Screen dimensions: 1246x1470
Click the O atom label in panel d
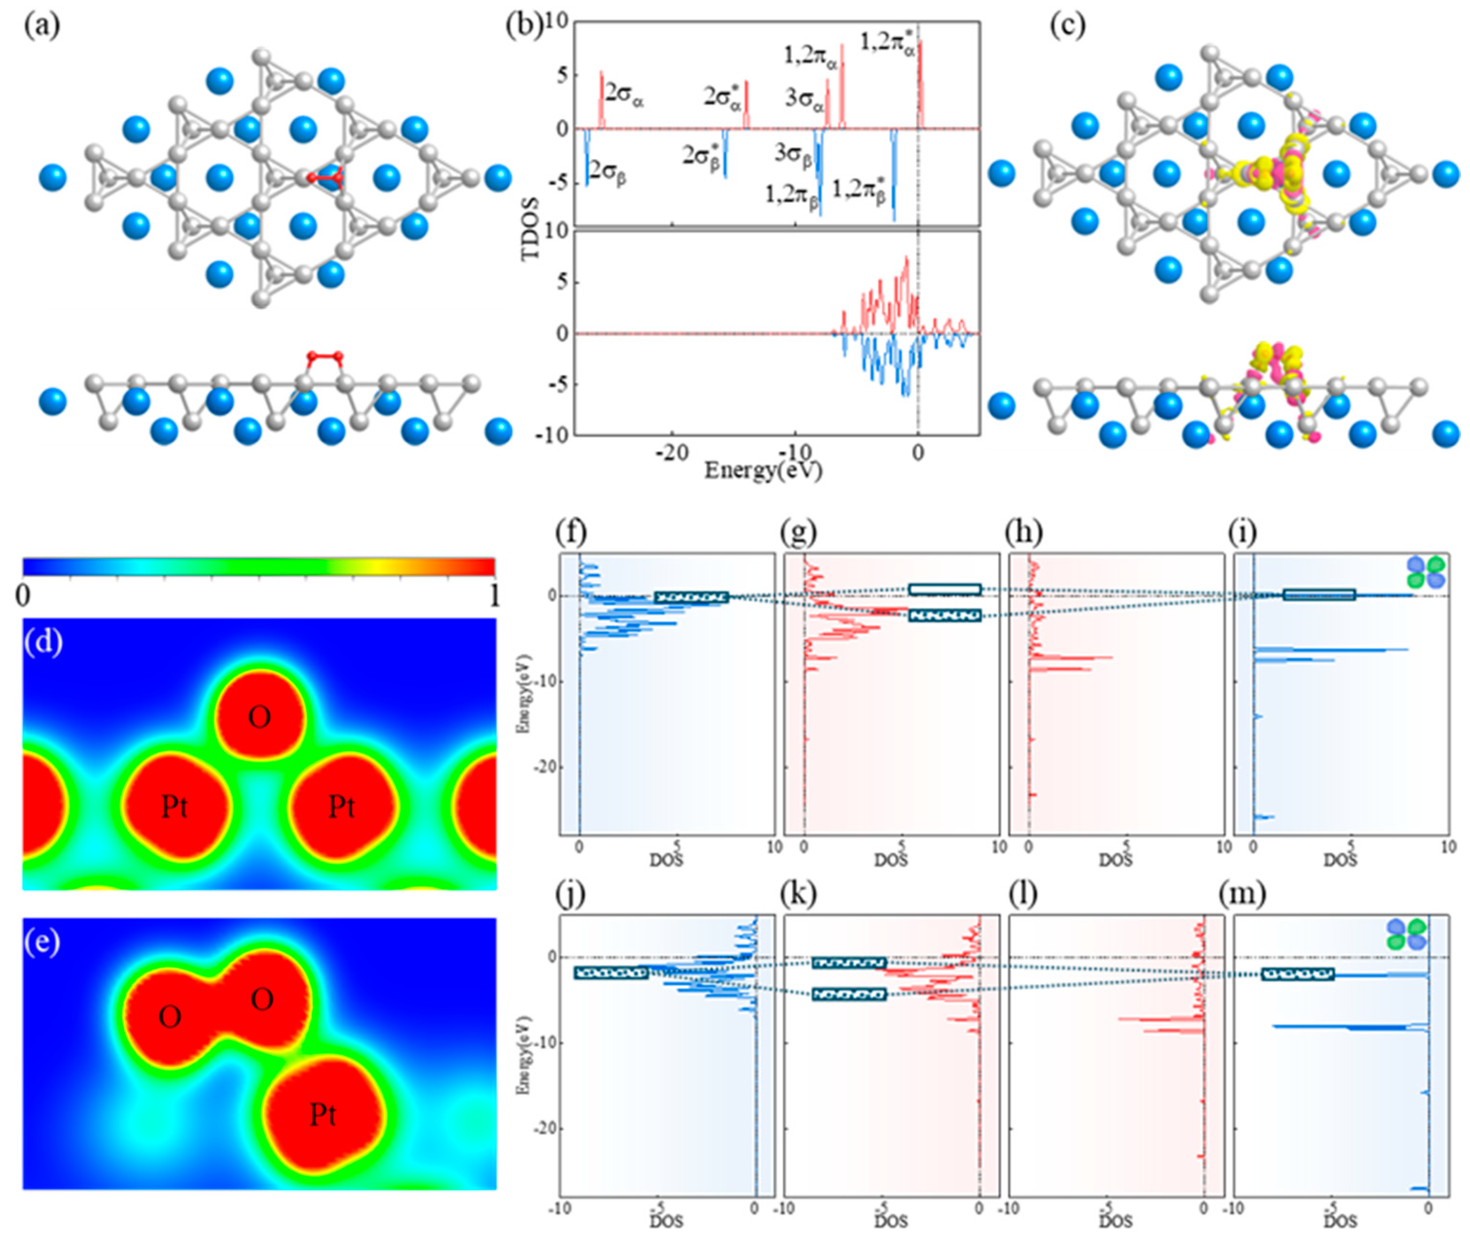tap(259, 718)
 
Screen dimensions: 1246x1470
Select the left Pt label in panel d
tap(175, 807)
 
